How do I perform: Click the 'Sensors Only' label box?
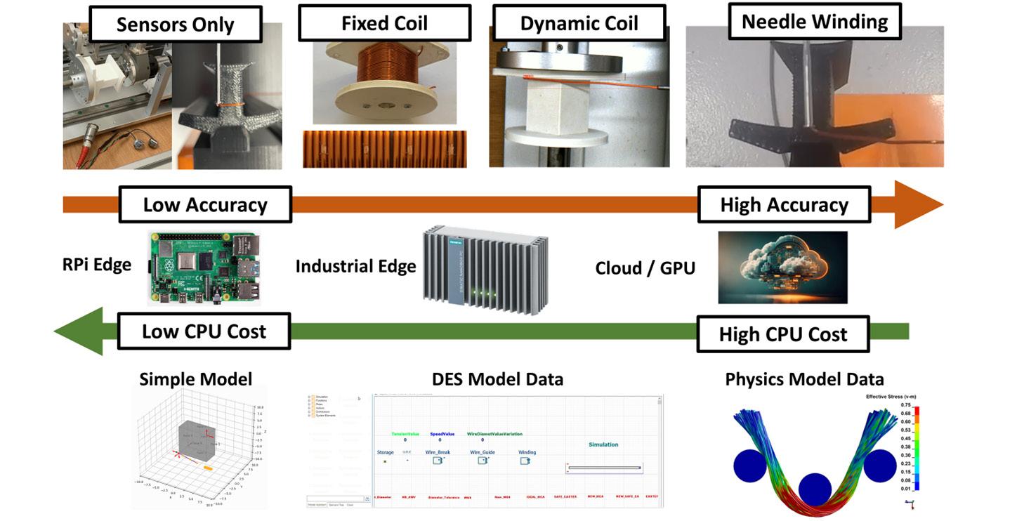coord(175,25)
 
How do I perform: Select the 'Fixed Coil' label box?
coord(384,23)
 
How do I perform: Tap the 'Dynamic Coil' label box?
coord(579,23)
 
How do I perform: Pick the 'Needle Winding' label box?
coord(815,22)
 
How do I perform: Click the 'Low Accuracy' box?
coord(205,205)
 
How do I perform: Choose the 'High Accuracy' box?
coord(784,205)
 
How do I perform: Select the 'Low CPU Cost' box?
coord(204,331)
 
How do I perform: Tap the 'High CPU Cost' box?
coord(783,334)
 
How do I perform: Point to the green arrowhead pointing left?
coord(79,331)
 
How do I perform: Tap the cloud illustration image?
coord(782,268)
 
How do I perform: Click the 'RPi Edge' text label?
coord(97,265)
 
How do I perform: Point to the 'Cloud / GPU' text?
coord(645,268)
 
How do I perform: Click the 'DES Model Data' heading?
coord(497,379)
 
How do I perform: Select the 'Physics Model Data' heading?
coord(804,380)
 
